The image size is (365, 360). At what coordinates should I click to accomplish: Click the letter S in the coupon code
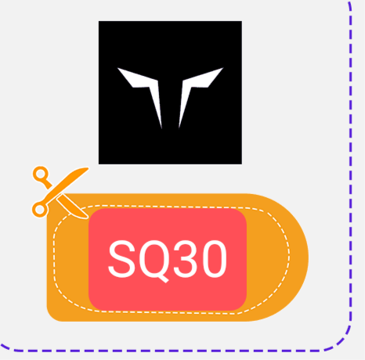pyautogui.click(x=122, y=259)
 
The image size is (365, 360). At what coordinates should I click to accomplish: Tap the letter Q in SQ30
pyautogui.click(x=154, y=260)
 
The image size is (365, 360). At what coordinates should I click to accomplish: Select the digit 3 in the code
pyautogui.click(x=186, y=259)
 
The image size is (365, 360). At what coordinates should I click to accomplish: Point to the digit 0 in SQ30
pyautogui.click(x=214, y=259)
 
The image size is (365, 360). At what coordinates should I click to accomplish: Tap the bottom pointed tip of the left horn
pyautogui.click(x=161, y=128)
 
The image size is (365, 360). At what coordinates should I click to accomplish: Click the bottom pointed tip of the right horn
pyautogui.click(x=179, y=128)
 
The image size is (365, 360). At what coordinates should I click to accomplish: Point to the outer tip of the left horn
pyautogui.click(x=117, y=68)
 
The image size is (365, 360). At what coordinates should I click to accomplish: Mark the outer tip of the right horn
pyautogui.click(x=223, y=68)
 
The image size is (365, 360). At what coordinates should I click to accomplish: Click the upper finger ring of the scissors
pyautogui.click(x=41, y=174)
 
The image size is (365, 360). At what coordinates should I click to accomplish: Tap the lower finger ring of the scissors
pyautogui.click(x=40, y=209)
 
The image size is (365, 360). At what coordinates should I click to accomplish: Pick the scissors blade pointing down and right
pyautogui.click(x=73, y=208)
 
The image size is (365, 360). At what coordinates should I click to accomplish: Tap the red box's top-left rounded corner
pyautogui.click(x=93, y=213)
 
